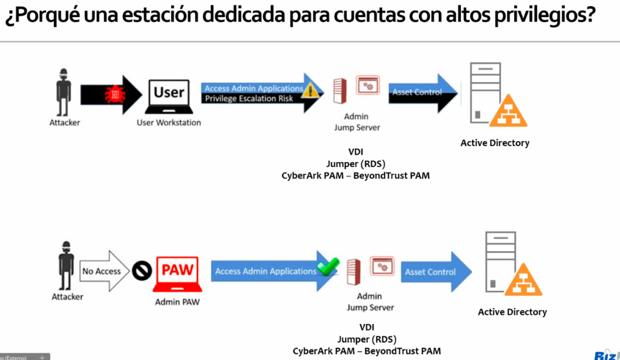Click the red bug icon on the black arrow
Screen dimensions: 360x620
115,94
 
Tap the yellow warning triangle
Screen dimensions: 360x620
311,91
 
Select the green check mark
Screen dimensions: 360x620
328,266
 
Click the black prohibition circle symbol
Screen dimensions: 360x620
142,270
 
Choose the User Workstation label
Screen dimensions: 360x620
169,123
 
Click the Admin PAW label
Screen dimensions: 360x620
177,303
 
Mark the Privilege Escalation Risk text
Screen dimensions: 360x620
249,99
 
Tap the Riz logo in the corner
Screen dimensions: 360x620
607,355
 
